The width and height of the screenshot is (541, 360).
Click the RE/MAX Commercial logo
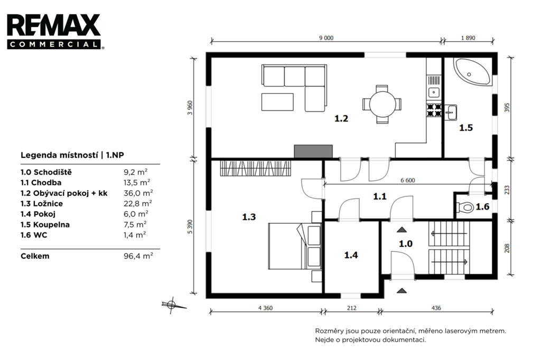click(55, 31)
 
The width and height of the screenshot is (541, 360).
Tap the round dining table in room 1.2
click(383, 104)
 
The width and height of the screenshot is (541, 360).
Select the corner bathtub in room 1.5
click(472, 72)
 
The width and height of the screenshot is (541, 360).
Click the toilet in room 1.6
click(465, 207)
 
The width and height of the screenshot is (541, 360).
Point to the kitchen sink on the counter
click(434, 92)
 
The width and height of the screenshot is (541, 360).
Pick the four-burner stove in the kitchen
click(434, 109)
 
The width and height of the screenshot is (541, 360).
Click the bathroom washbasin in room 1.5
click(450, 112)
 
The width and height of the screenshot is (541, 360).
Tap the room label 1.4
click(351, 255)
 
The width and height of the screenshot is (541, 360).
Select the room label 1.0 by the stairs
click(406, 244)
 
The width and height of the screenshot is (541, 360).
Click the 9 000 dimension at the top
click(326, 38)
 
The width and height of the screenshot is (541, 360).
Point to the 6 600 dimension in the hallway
click(407, 181)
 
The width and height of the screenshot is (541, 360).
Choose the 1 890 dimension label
click(468, 38)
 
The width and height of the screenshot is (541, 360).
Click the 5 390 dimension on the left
click(190, 226)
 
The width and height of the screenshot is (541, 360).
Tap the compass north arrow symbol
click(172, 305)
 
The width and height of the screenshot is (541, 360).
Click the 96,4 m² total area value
click(138, 256)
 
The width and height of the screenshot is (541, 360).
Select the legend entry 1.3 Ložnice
click(42, 203)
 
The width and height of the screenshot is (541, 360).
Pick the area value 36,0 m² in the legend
click(138, 193)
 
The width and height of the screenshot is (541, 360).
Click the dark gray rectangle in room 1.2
click(313, 151)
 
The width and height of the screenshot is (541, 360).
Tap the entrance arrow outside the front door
click(402, 291)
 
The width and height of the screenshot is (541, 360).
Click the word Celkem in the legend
click(35, 256)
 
